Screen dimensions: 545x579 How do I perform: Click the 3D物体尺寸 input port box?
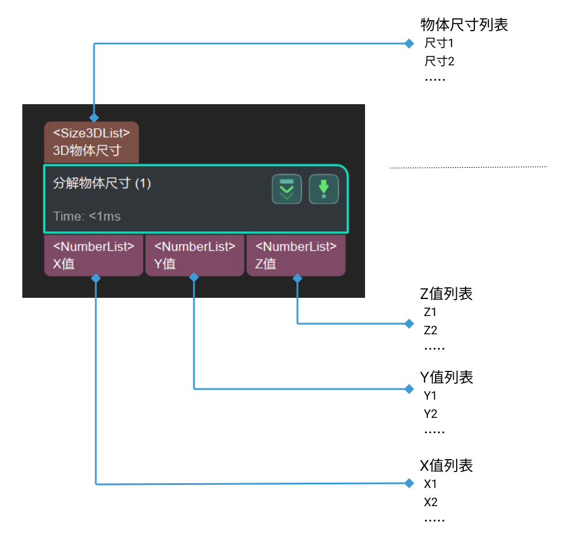coord(91,142)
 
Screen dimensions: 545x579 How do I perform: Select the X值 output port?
coord(93,255)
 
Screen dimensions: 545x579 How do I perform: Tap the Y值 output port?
coord(195,255)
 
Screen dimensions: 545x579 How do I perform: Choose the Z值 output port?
coord(296,255)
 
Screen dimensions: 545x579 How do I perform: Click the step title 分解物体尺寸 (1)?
coord(102,184)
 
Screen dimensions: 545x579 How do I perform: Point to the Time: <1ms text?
coord(87,216)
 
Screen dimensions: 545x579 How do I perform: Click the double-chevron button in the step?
coord(287,189)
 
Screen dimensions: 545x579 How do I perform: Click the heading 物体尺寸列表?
coord(464,25)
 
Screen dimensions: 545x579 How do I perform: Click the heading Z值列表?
coord(447,294)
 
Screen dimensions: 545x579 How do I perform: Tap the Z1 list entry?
coord(430,312)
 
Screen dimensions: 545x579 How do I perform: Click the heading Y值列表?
coord(447,377)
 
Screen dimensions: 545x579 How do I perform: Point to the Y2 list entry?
coord(430,414)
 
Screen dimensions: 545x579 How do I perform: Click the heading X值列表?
coord(447,466)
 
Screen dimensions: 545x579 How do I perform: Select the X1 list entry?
coord(430,484)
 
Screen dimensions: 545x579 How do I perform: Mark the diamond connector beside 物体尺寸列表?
coord(409,44)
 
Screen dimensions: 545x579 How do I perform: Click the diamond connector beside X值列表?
coord(409,484)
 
